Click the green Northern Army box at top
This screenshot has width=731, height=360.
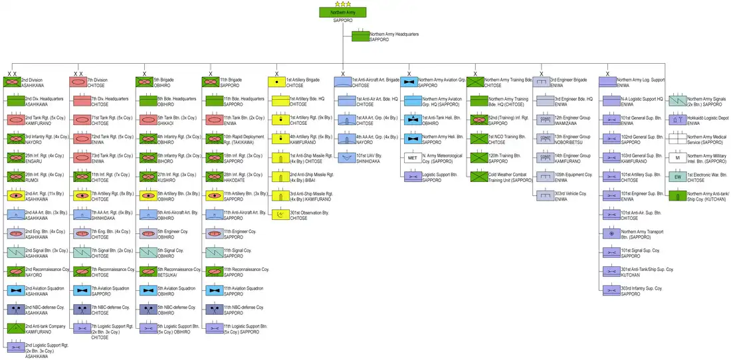(342, 13)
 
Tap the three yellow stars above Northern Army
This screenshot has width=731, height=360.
(342, 4)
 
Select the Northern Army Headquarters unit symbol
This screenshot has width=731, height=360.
(360, 37)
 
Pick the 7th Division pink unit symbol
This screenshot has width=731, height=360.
(78, 82)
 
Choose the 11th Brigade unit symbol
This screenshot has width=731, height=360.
(211, 82)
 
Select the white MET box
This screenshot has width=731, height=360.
(412, 158)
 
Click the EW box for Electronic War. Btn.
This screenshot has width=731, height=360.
(677, 177)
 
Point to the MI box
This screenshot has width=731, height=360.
(677, 158)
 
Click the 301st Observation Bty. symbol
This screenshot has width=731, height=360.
(280, 215)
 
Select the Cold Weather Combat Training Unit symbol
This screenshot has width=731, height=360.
(478, 177)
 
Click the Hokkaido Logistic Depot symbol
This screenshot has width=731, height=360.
(677, 120)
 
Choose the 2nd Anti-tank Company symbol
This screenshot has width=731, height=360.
(15, 327)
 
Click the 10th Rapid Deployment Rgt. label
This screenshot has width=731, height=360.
(244, 139)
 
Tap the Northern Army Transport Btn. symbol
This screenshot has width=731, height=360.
(611, 234)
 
